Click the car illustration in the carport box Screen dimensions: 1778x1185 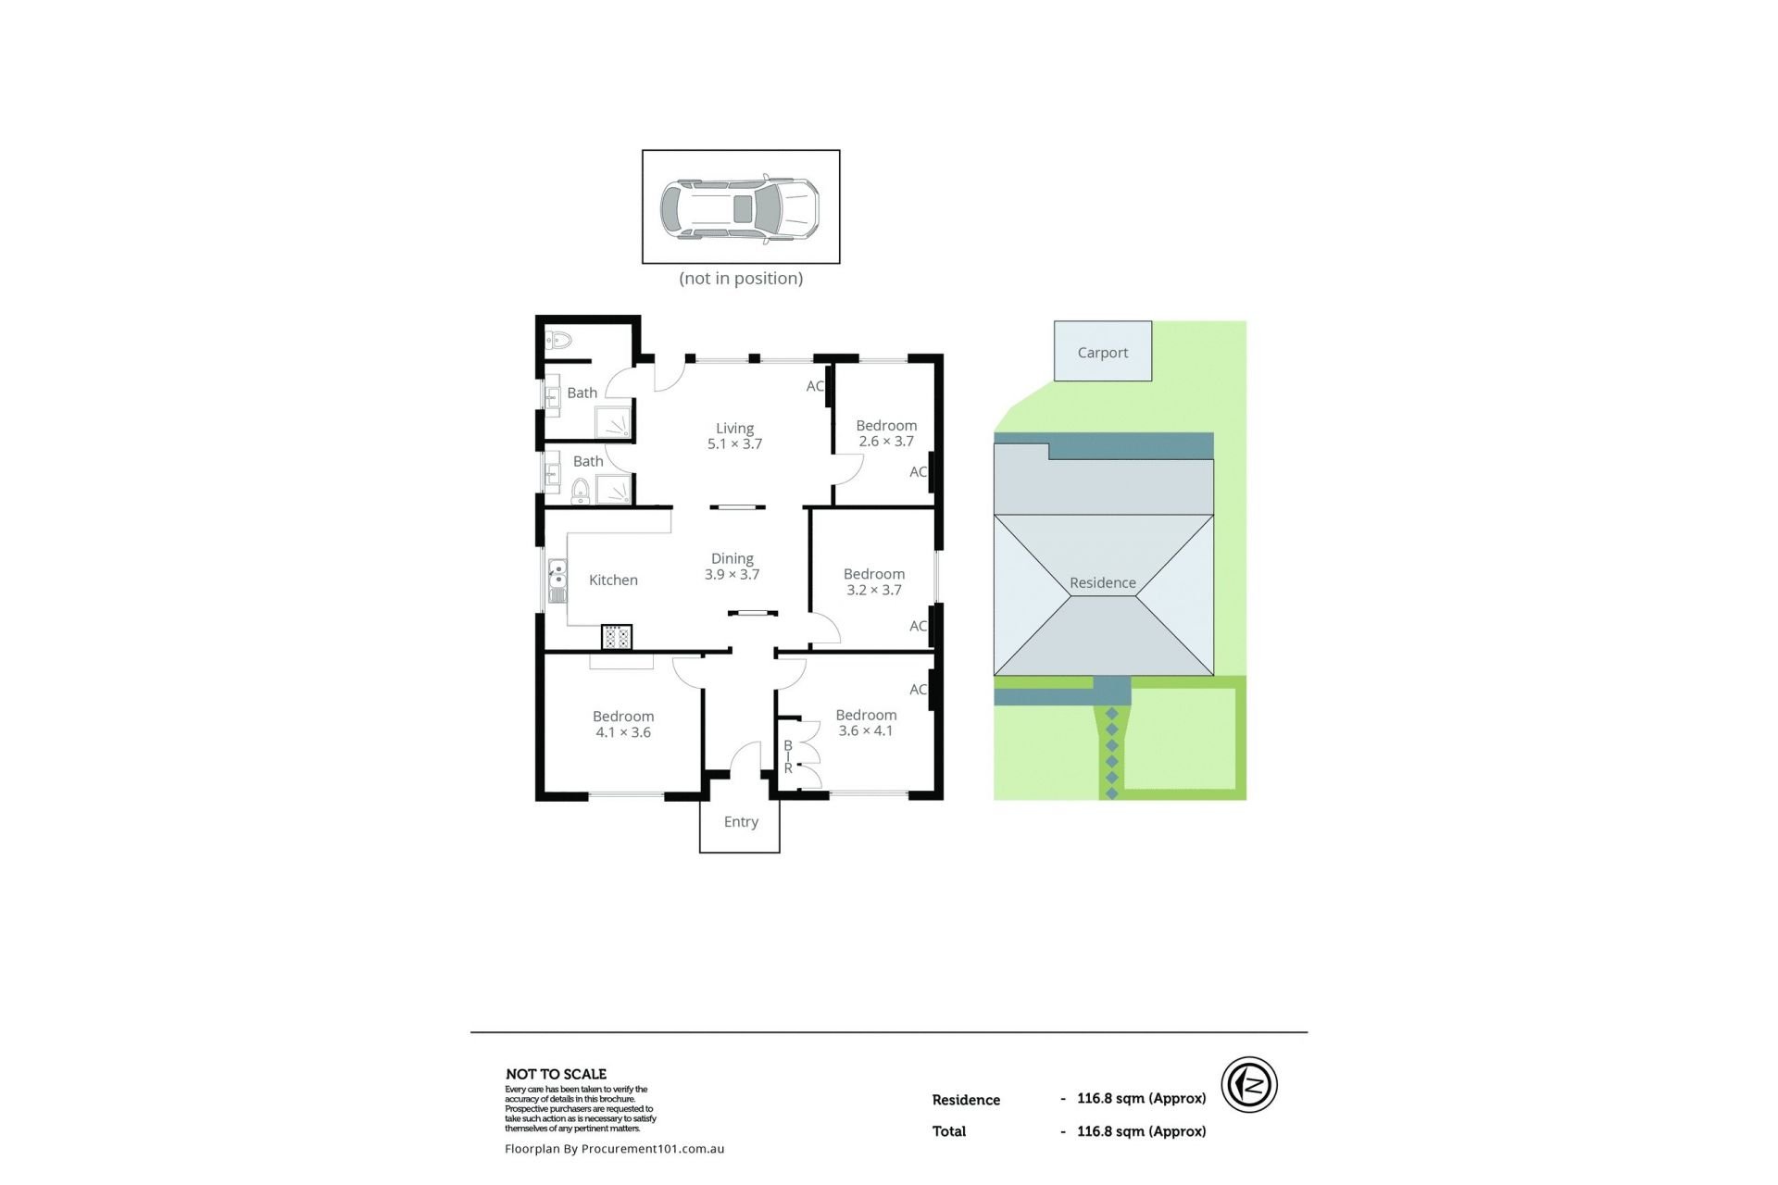pyautogui.click(x=740, y=208)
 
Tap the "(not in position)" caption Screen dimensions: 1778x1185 pyautogui.click(x=741, y=279)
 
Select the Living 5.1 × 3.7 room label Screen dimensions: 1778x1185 pyautogui.click(x=734, y=436)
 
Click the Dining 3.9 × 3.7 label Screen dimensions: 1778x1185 pyautogui.click(x=732, y=567)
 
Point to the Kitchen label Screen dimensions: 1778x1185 pyautogui.click(x=613, y=580)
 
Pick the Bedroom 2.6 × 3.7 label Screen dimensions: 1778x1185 pyautogui.click(x=886, y=433)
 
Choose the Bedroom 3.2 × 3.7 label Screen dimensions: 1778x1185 pyautogui.click(x=874, y=582)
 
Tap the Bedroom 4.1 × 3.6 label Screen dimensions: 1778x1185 pyautogui.click(x=623, y=724)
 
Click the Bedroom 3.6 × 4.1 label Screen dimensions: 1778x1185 pyautogui.click(x=866, y=723)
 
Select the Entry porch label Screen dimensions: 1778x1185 pyautogui.click(x=741, y=822)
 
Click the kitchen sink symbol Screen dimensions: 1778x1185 pyautogui.click(x=557, y=581)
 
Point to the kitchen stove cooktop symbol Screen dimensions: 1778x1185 pyautogui.click(x=617, y=637)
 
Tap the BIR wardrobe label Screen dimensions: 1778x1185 pyautogui.click(x=788, y=756)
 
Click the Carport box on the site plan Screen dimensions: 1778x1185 pyautogui.click(x=1103, y=351)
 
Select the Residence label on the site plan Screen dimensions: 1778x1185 pyautogui.click(x=1102, y=583)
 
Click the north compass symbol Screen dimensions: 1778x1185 pyautogui.click(x=1249, y=1085)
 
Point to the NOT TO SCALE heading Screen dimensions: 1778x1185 pyautogui.click(x=556, y=1074)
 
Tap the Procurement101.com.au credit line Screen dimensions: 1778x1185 pyautogui.click(x=614, y=1149)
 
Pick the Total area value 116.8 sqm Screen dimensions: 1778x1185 pyautogui.click(x=1141, y=1131)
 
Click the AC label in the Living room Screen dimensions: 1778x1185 pyautogui.click(x=815, y=386)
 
